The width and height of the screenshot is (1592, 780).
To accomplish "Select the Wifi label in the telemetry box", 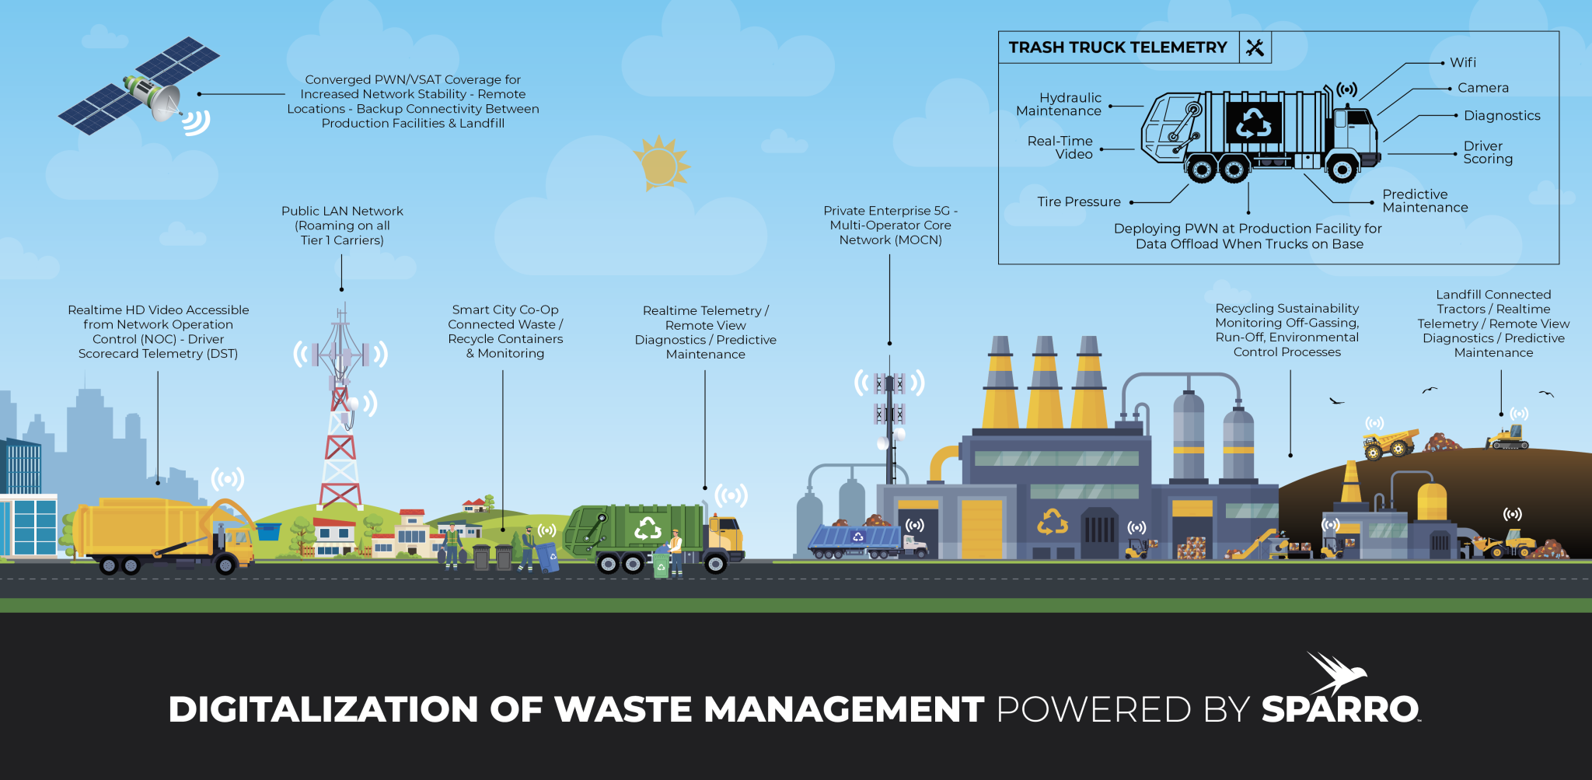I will pos(1462,62).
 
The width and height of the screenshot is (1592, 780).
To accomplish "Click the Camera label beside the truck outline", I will pos(1482,88).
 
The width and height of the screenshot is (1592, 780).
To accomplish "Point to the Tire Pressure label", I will pos(1078,202).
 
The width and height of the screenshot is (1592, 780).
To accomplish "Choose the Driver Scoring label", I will pos(1487,152).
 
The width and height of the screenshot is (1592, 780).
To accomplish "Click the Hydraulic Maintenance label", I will pos(1060,104).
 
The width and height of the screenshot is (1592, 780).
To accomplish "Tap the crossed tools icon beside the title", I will pos(1255,47).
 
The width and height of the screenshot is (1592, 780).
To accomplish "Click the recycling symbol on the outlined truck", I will pos(1253,123).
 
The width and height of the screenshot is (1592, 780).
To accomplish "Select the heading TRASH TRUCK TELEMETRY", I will pos(1117,47).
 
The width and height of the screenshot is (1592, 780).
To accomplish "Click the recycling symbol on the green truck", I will pos(647,529).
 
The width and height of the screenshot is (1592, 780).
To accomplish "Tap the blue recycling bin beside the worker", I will pos(548,556).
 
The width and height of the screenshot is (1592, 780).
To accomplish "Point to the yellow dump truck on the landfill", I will pos(1389,443).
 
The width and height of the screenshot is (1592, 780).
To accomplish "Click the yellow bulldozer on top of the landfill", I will pos(1508,437).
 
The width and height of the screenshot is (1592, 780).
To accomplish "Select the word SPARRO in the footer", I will pos(1340,709).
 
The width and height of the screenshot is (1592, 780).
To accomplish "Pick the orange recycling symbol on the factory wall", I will pos(1052,521).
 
